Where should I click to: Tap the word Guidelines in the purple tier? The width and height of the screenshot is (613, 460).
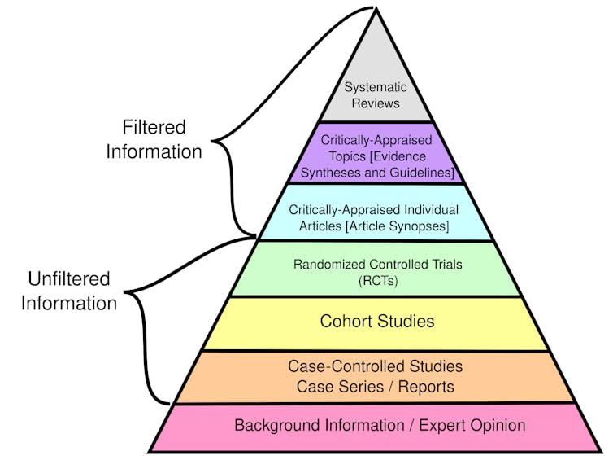pyautogui.click(x=418, y=173)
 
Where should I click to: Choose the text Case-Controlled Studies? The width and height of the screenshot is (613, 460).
pyautogui.click(x=375, y=366)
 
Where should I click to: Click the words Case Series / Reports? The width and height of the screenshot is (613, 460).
pyautogui.click(x=375, y=387)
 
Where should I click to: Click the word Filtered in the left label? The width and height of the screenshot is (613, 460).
pyautogui.click(x=154, y=128)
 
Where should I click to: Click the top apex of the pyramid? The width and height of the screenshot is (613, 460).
pyautogui.click(x=375, y=9)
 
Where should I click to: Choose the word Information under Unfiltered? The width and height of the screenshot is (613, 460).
pyautogui.click(x=69, y=304)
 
